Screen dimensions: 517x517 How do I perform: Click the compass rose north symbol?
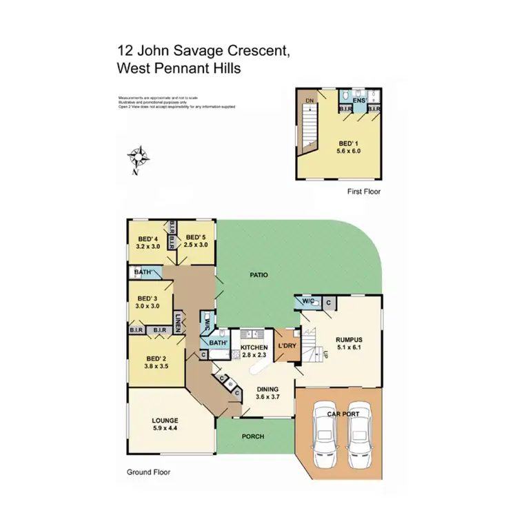point(139,159)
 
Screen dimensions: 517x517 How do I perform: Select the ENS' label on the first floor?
point(358,101)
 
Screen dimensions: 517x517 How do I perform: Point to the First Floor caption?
point(363,192)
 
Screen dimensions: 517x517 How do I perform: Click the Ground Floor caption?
point(148,472)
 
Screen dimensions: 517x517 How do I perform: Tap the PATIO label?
point(258,275)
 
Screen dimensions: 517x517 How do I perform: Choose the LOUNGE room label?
point(165,420)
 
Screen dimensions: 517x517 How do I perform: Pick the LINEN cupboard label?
point(177,323)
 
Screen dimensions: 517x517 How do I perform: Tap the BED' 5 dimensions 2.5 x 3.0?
point(196,245)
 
